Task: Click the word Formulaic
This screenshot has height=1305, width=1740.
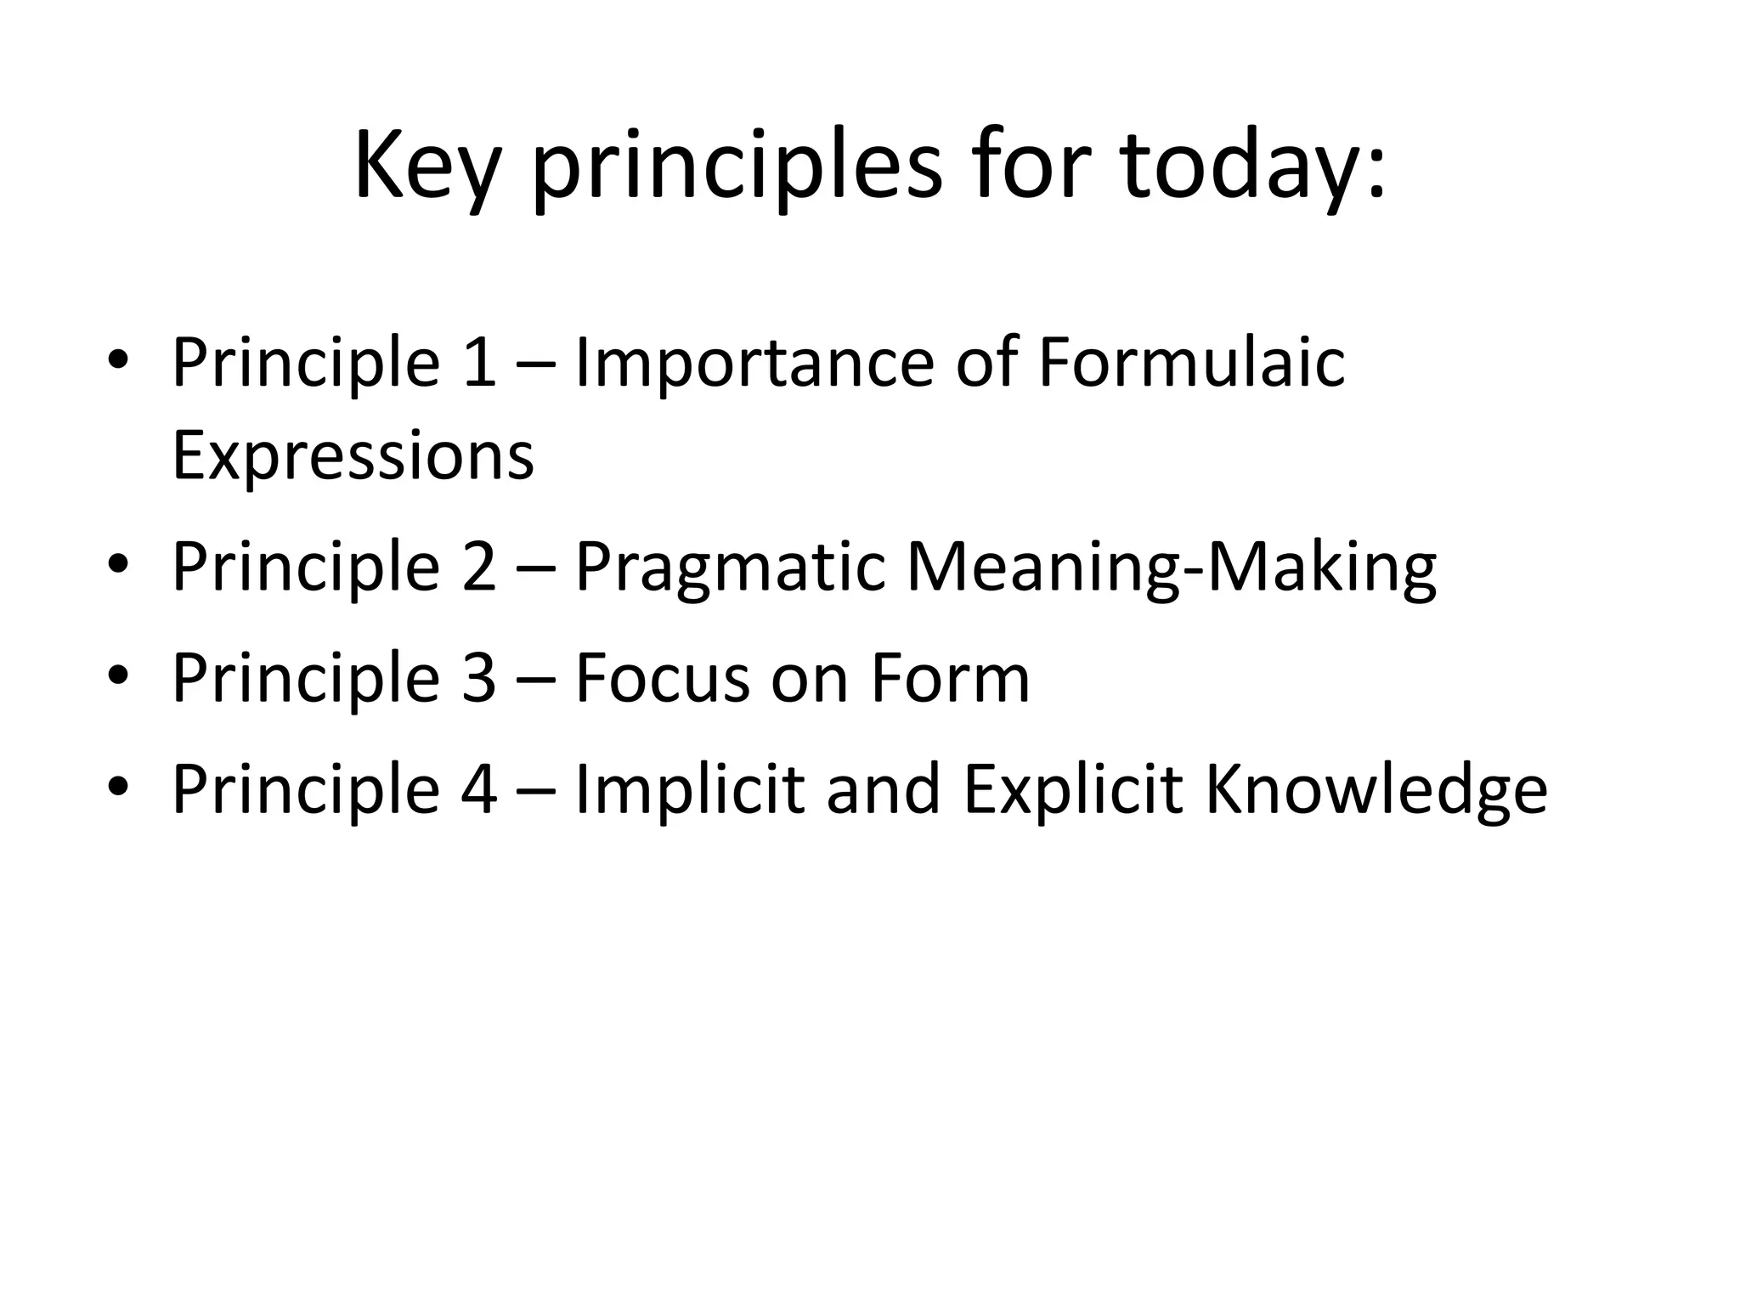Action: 1191,363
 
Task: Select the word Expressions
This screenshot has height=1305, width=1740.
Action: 353,456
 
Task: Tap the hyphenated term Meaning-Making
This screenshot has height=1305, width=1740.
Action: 1171,567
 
